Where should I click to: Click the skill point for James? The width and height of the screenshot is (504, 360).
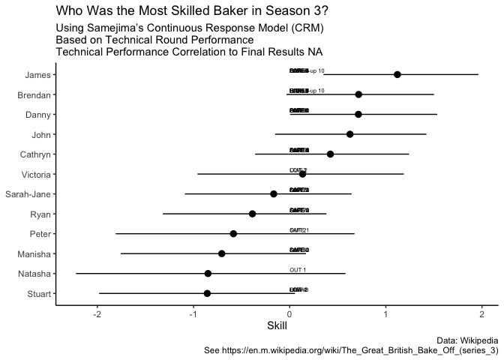(x=397, y=74)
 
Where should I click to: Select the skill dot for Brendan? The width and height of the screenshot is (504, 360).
(x=358, y=94)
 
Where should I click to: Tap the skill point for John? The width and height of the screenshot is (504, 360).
(x=349, y=134)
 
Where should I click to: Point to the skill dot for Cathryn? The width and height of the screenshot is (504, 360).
(x=330, y=154)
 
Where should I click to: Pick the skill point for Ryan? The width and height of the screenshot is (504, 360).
(x=252, y=214)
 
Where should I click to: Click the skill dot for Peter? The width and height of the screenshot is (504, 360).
(x=233, y=233)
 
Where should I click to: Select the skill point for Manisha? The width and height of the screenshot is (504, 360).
(x=221, y=253)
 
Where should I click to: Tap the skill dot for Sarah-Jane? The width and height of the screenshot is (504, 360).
(x=274, y=193)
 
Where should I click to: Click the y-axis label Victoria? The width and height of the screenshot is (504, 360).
(x=35, y=174)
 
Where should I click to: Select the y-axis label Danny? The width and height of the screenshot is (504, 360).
(x=38, y=115)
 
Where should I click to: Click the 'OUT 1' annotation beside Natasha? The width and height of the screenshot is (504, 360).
(x=298, y=269)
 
